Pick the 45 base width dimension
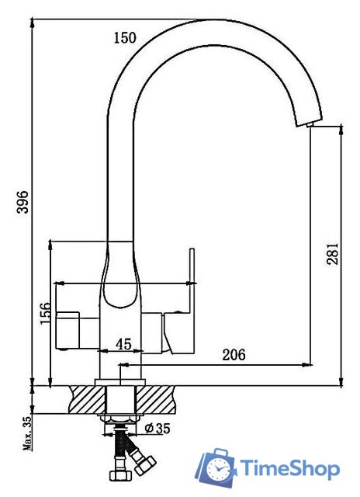pos(123,343)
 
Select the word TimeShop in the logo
pos(289,469)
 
